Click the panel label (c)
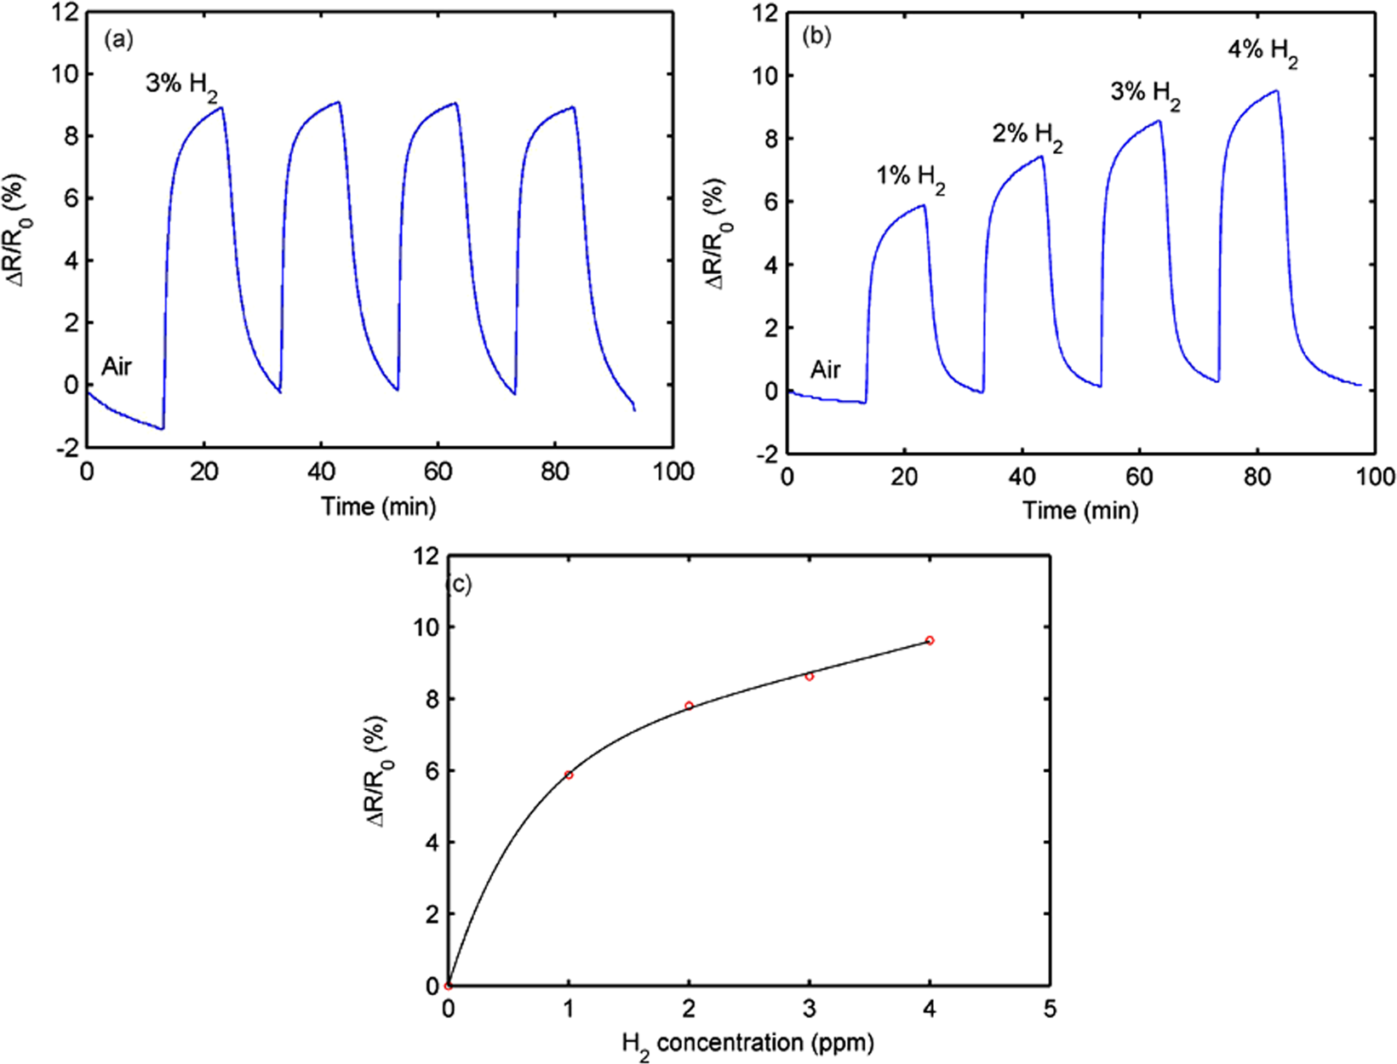click(x=459, y=585)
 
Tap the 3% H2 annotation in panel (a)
click(x=182, y=87)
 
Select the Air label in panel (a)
click(x=117, y=368)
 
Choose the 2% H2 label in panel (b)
click(x=1028, y=136)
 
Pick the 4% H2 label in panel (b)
click(x=1262, y=52)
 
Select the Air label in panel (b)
click(x=825, y=369)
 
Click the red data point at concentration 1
click(x=569, y=775)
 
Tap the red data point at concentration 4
click(x=930, y=640)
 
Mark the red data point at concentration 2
click(x=689, y=706)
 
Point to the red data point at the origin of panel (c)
click(x=449, y=986)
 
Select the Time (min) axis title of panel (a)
click(x=379, y=507)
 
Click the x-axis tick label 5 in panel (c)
click(x=1050, y=1010)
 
